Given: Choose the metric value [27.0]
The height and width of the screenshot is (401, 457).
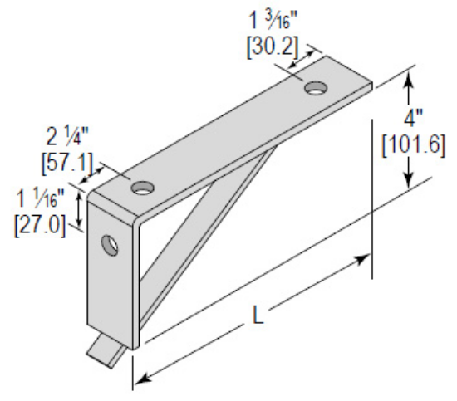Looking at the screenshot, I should (x=40, y=225).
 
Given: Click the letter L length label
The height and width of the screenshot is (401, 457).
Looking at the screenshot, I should (x=259, y=317).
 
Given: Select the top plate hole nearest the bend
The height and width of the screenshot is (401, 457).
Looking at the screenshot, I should (x=142, y=185).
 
